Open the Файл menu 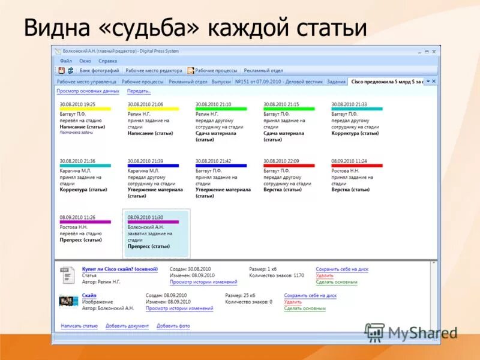tap(66, 61)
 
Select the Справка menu tap(108, 61)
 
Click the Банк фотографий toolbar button tap(98, 70)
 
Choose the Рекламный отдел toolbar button tap(263, 70)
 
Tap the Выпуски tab tap(221, 81)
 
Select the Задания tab tap(336, 81)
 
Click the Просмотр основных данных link tap(88, 91)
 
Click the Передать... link tap(139, 91)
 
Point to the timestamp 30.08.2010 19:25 tap(77, 104)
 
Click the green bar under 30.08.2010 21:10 tap(221, 109)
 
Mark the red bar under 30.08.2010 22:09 tap(289, 165)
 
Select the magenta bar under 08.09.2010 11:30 tap(153, 222)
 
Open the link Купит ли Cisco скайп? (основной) tap(120, 269)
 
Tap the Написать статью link tap(79, 326)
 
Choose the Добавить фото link tap(173, 326)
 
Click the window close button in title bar tap(434, 52)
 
